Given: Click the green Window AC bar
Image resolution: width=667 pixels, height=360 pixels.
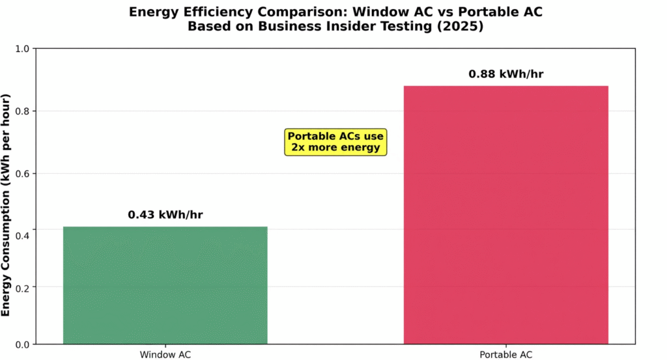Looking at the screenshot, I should pyautogui.click(x=165, y=284).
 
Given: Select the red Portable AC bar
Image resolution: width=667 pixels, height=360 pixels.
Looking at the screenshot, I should pyautogui.click(x=505, y=214).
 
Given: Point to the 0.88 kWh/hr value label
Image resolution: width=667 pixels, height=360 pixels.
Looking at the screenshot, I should pyautogui.click(x=505, y=74).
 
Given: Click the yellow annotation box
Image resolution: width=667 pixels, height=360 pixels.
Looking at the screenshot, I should pyautogui.click(x=335, y=142).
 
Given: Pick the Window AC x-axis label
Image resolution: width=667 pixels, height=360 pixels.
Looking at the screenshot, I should pyautogui.click(x=165, y=355).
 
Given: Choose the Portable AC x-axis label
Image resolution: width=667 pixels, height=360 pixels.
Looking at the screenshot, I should pyautogui.click(x=505, y=355).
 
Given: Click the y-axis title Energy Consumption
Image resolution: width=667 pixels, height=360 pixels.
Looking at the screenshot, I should pyautogui.click(x=7, y=205).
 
